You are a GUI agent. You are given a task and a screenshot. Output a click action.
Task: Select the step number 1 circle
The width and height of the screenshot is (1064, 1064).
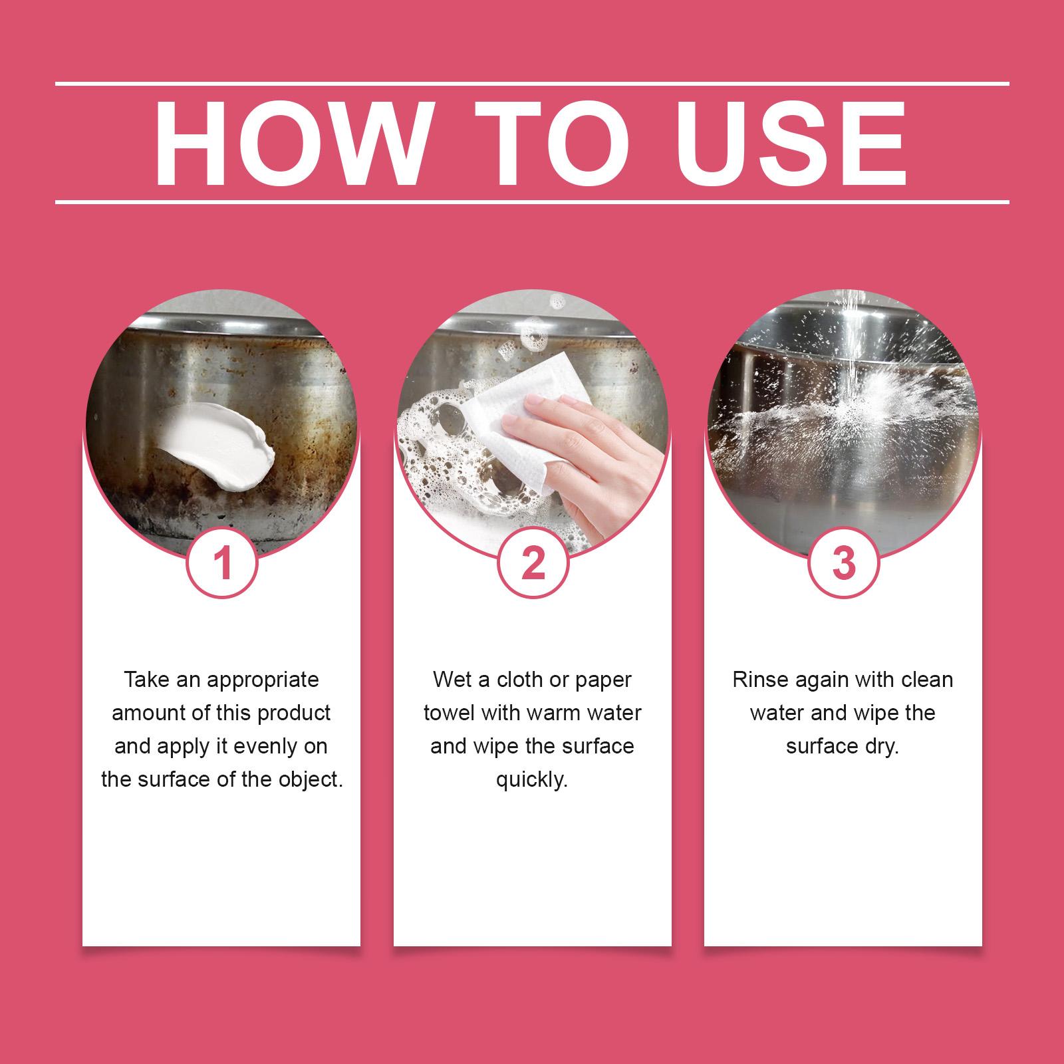click(x=222, y=563)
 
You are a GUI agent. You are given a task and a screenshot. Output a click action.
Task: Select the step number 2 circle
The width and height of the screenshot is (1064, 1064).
click(x=533, y=563)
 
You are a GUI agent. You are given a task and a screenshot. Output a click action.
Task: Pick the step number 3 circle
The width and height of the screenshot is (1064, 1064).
click(x=843, y=563)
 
